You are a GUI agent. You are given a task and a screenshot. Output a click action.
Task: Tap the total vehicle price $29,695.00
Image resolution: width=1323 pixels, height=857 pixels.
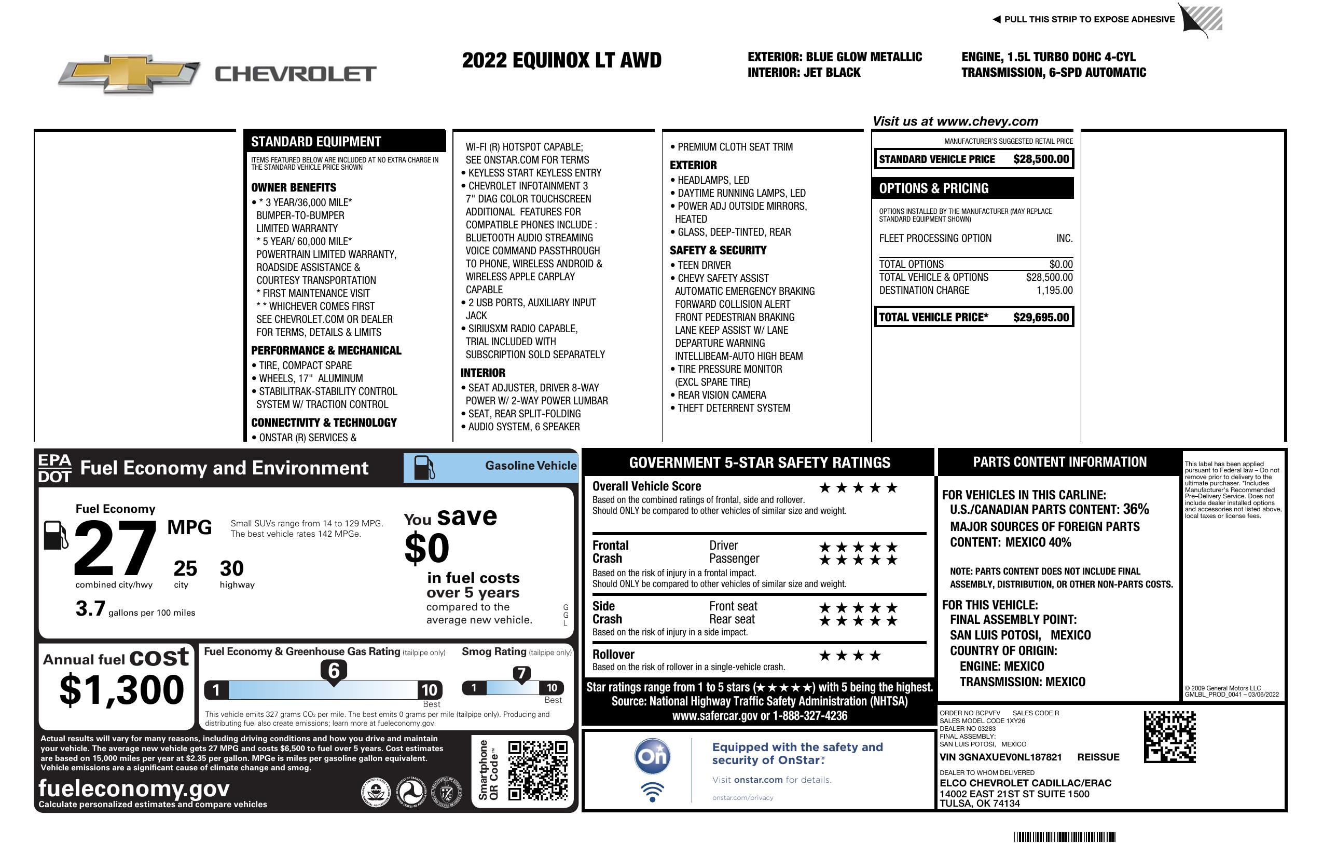coord(1041,317)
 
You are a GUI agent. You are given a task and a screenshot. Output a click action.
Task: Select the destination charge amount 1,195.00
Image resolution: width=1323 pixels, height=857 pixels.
coord(1054,290)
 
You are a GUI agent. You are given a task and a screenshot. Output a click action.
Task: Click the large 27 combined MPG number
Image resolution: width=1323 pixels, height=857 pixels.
coord(115,548)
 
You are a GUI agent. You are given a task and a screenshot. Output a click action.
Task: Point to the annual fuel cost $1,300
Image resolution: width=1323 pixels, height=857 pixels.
coord(121,690)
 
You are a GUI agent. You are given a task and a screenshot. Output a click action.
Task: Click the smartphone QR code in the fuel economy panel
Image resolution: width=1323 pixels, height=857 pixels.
coord(538,770)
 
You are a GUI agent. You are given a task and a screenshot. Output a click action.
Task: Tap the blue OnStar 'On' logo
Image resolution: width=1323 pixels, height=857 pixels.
coord(652,756)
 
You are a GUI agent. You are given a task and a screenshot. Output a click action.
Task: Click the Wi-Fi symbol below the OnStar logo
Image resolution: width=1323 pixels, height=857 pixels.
coord(652,792)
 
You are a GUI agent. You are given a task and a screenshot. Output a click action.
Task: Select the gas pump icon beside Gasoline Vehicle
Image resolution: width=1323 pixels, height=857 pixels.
coord(424,467)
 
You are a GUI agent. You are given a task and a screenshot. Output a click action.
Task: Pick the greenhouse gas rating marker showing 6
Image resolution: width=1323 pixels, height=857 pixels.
coord(334,671)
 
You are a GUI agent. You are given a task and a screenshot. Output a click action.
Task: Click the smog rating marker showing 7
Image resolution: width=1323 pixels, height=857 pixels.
coord(521,674)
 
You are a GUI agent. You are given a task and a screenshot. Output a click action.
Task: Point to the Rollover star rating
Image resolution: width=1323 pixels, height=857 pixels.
coord(849,656)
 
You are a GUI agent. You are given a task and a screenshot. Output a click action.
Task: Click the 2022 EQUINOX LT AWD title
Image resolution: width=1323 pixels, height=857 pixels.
coord(561,60)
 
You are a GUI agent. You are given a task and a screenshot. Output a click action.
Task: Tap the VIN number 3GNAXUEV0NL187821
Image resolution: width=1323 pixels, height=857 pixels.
coord(1001,757)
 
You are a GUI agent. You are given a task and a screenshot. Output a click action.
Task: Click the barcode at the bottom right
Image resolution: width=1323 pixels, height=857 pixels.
coord(1065,837)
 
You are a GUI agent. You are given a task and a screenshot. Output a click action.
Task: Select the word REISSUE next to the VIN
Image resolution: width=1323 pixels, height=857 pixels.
coord(1098,757)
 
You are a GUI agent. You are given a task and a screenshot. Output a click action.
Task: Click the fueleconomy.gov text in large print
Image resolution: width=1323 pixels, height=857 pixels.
coord(134,788)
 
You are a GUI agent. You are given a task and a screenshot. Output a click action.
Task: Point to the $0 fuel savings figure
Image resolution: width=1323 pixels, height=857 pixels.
coord(427,548)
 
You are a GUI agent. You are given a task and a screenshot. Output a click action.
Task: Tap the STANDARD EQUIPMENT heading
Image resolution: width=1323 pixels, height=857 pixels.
coord(316,142)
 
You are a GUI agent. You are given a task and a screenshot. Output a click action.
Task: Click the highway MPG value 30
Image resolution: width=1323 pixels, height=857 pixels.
coord(232,568)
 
